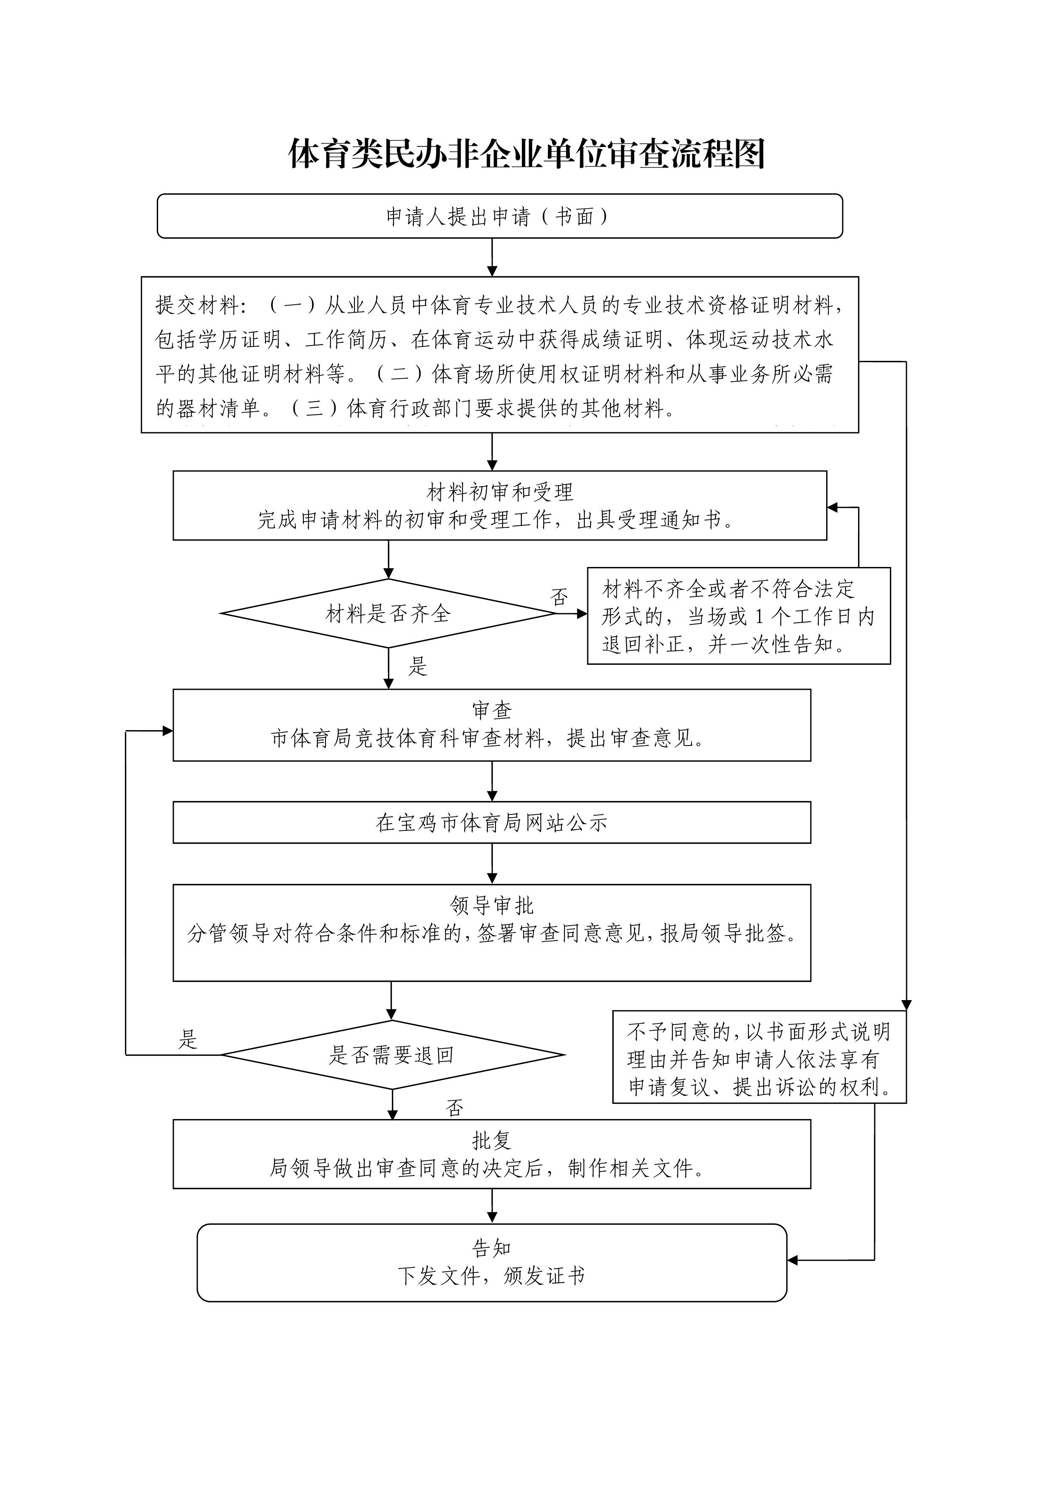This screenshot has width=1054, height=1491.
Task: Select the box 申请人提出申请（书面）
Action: tap(499, 216)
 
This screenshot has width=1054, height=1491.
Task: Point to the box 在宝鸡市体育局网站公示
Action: tap(492, 823)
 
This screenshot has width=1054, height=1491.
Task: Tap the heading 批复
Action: tap(492, 1140)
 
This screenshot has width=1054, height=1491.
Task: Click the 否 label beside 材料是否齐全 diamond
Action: tap(559, 597)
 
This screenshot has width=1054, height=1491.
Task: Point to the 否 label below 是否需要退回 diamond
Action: tap(455, 1107)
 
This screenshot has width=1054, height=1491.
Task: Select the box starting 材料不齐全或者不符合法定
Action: tap(738, 615)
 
